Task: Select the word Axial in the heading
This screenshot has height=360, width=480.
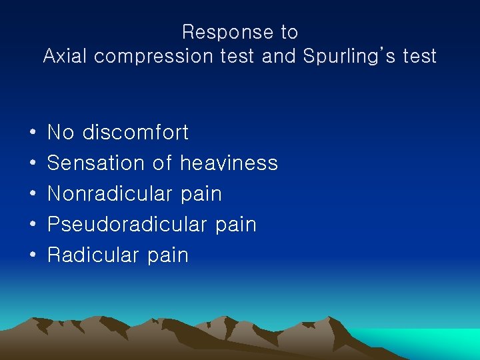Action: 65,56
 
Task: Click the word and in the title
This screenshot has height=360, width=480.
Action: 279,56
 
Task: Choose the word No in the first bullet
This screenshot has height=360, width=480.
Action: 61,133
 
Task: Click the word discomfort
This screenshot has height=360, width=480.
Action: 135,133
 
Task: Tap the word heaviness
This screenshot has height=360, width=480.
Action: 229,163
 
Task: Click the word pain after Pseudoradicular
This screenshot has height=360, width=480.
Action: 236,225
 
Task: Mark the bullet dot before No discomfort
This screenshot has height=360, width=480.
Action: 32,133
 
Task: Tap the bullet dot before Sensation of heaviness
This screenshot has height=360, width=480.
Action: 32,164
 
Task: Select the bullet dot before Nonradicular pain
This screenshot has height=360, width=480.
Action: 32,195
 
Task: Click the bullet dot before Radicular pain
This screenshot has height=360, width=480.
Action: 32,256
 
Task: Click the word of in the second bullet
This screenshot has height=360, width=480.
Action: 162,163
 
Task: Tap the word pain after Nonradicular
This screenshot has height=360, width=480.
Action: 201,195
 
